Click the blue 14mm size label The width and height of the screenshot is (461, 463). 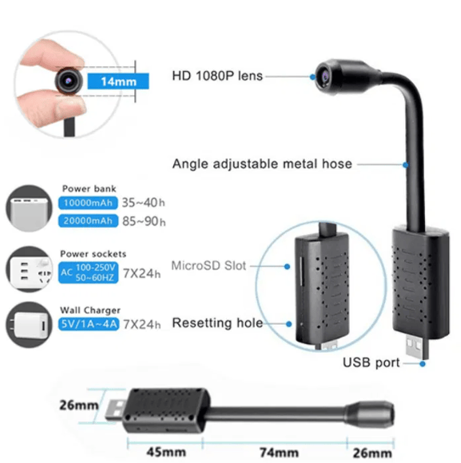tap(118, 82)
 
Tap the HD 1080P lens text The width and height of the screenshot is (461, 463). tap(217, 76)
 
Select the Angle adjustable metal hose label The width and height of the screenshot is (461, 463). tap(262, 164)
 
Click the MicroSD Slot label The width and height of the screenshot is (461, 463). tap(209, 265)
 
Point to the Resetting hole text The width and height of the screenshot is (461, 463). tap(217, 323)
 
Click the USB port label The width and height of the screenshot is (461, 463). tap(371, 362)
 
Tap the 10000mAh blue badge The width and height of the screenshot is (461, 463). tap(88, 203)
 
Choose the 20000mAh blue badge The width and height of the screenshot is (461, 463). tap(88, 221)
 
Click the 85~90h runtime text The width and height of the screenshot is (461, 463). tap(144, 222)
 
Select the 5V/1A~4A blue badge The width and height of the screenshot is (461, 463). tap(89, 324)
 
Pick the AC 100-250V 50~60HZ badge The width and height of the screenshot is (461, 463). tap(88, 273)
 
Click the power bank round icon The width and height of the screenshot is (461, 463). tap(29, 209)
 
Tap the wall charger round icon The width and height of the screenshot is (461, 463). tap(29, 325)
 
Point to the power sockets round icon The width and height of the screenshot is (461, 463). tap(29, 269)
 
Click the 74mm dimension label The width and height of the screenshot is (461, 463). tap(279, 452)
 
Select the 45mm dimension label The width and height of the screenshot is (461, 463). tap(166, 452)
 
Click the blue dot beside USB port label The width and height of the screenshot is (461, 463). tap(423, 364)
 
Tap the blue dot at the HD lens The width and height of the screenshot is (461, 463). tap(312, 77)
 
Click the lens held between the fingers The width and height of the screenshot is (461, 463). tap(69, 81)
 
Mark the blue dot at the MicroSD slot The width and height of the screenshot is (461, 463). tap(287, 266)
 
